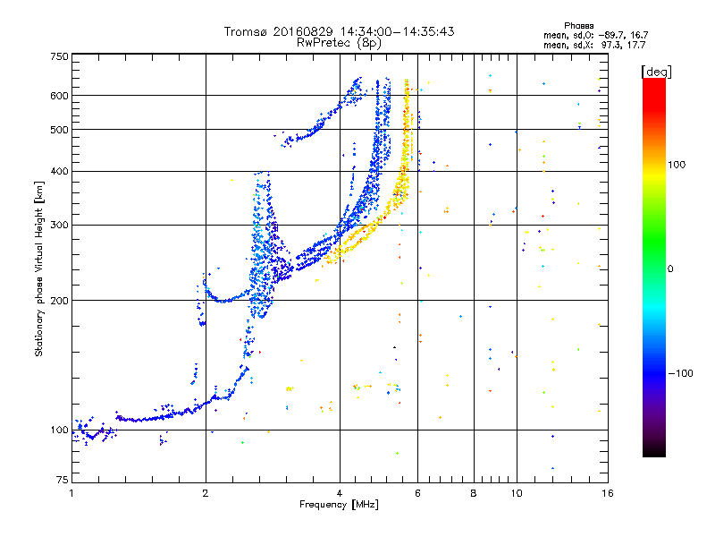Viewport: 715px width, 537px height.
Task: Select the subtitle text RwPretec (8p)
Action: point(339,43)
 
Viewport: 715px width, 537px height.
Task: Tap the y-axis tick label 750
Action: point(60,56)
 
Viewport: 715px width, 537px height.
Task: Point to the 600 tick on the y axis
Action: point(60,96)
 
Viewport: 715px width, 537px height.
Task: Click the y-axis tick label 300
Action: point(60,226)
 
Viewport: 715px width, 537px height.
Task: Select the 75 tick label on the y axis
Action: point(63,480)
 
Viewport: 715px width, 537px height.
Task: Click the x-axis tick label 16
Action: point(608,494)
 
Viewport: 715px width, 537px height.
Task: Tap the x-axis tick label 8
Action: point(474,494)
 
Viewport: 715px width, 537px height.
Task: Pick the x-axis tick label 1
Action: point(72,494)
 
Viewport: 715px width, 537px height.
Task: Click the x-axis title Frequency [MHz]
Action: point(339,505)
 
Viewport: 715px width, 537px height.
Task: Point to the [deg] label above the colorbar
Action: point(656,72)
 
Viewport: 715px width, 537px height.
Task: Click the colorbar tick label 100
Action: point(677,165)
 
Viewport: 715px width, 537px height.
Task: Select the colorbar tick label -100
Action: point(681,373)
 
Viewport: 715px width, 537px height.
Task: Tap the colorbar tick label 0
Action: point(670,269)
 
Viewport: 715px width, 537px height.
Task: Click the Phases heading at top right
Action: point(579,26)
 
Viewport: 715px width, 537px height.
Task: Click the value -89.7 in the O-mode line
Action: point(610,36)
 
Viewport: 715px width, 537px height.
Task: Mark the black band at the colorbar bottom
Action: point(654,450)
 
